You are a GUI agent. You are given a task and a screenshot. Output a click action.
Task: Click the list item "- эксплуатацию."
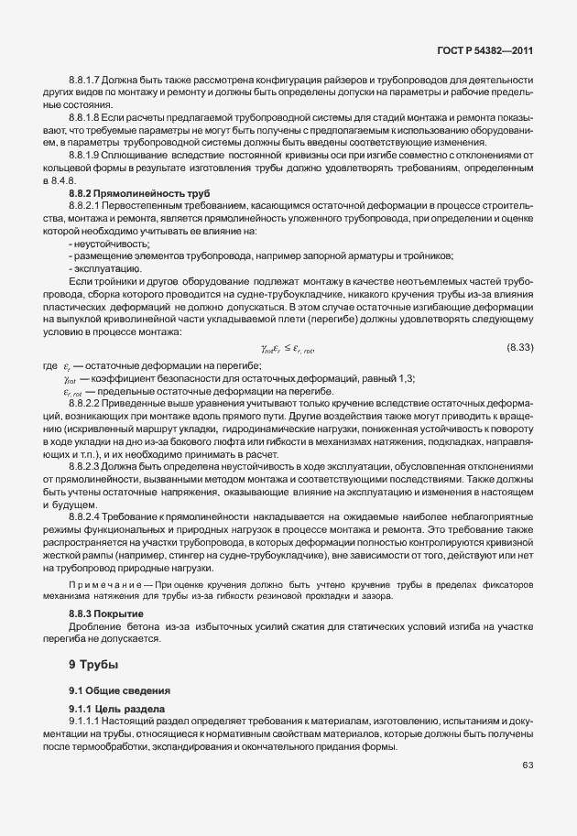click(x=104, y=268)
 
